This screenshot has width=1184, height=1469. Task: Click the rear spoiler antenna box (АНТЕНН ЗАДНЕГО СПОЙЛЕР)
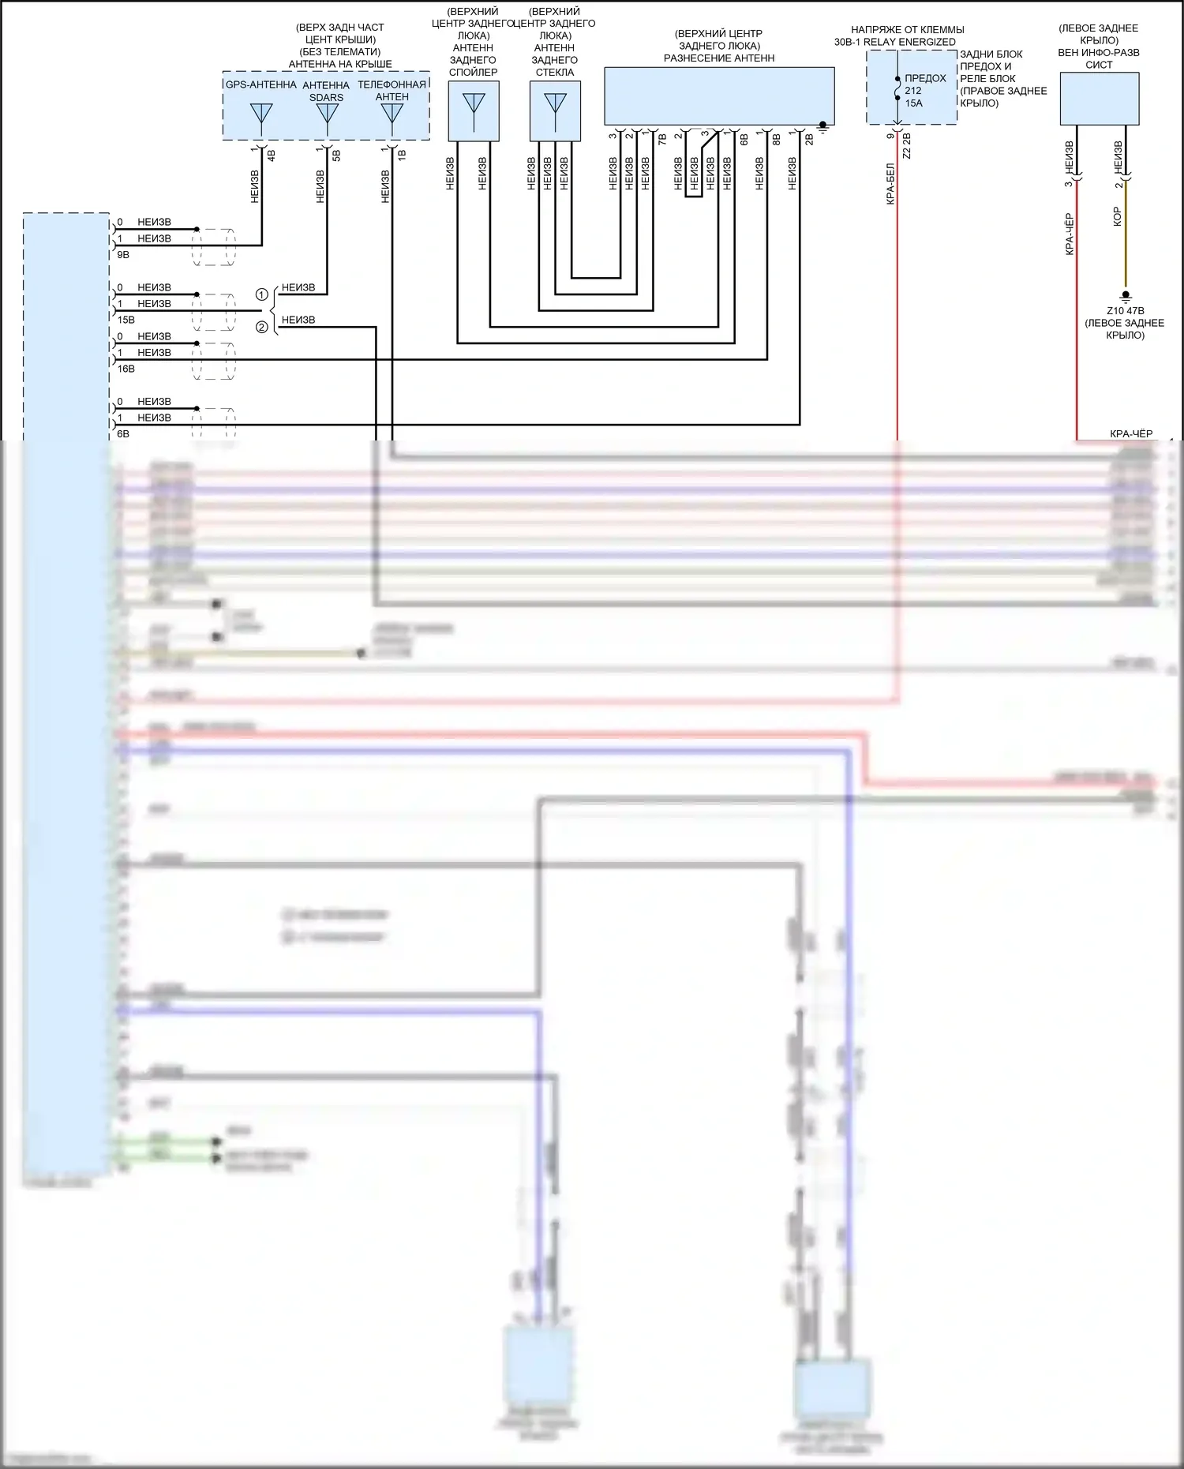click(x=474, y=111)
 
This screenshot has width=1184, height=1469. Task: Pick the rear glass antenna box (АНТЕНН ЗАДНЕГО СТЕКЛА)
click(x=555, y=111)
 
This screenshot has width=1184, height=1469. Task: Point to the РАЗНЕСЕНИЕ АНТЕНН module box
click(x=719, y=96)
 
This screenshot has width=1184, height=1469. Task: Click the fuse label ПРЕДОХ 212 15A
click(x=924, y=90)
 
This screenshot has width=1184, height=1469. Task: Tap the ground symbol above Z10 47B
click(x=1126, y=296)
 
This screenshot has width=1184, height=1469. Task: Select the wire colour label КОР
click(x=1117, y=217)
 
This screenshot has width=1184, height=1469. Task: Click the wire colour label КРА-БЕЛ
click(x=890, y=184)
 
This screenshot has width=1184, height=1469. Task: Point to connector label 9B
click(x=123, y=255)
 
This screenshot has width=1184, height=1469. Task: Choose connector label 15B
click(x=126, y=320)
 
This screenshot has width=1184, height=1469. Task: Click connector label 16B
click(x=126, y=369)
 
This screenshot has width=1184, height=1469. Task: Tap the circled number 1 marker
click(x=261, y=294)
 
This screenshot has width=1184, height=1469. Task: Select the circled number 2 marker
click(x=261, y=327)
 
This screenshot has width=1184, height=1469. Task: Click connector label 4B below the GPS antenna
click(x=271, y=156)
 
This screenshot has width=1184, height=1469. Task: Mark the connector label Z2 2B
click(x=906, y=146)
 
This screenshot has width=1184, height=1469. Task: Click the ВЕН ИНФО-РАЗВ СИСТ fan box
click(x=1099, y=98)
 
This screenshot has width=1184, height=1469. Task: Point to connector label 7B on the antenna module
click(x=662, y=139)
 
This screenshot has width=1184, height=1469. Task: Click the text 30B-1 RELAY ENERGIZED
click(x=894, y=42)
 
